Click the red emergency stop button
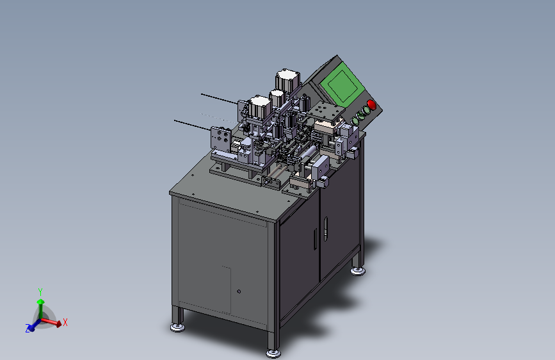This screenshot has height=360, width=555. [371, 104]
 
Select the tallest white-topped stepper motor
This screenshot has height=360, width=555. [288, 80]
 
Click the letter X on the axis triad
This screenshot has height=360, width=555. [65, 322]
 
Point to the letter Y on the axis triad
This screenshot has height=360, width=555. [40, 292]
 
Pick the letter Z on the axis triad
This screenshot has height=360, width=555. [28, 329]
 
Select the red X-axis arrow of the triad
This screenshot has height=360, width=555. [51, 322]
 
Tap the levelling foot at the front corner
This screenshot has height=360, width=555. [273, 353]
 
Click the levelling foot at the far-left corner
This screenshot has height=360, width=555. [177, 327]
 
